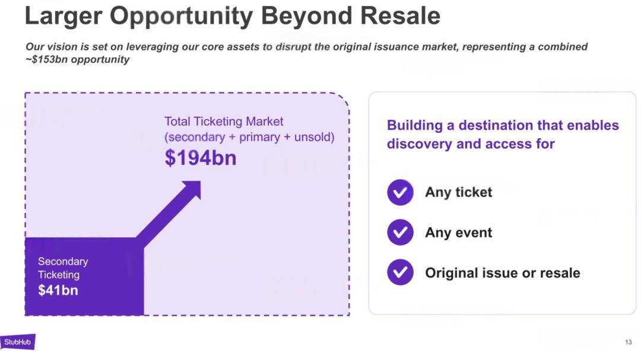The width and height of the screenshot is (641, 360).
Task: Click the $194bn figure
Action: click(x=201, y=158)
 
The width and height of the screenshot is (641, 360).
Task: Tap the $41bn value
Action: click(x=58, y=290)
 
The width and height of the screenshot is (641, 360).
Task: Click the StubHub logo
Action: click(x=18, y=342)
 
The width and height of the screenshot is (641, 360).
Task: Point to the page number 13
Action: click(x=629, y=342)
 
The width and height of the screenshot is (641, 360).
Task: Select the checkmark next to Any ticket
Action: click(x=400, y=192)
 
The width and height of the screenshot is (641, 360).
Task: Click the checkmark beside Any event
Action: click(x=400, y=232)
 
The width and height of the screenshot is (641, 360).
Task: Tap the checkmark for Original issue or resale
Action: click(x=400, y=272)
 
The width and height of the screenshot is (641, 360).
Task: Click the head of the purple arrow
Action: click(x=192, y=190)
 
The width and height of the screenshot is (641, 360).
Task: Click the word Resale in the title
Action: click(x=400, y=16)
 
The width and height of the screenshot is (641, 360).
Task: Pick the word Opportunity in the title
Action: click(x=182, y=17)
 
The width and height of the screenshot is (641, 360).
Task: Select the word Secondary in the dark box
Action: click(x=63, y=262)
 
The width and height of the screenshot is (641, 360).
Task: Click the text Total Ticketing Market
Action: click(x=224, y=122)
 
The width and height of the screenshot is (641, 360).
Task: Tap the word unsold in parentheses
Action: click(x=312, y=137)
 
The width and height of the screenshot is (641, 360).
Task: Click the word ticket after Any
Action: click(x=474, y=192)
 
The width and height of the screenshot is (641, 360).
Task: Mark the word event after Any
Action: click(x=474, y=232)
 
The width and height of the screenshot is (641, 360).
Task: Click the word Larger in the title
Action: click(x=64, y=17)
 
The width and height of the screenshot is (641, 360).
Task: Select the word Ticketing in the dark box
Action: click(x=59, y=275)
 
